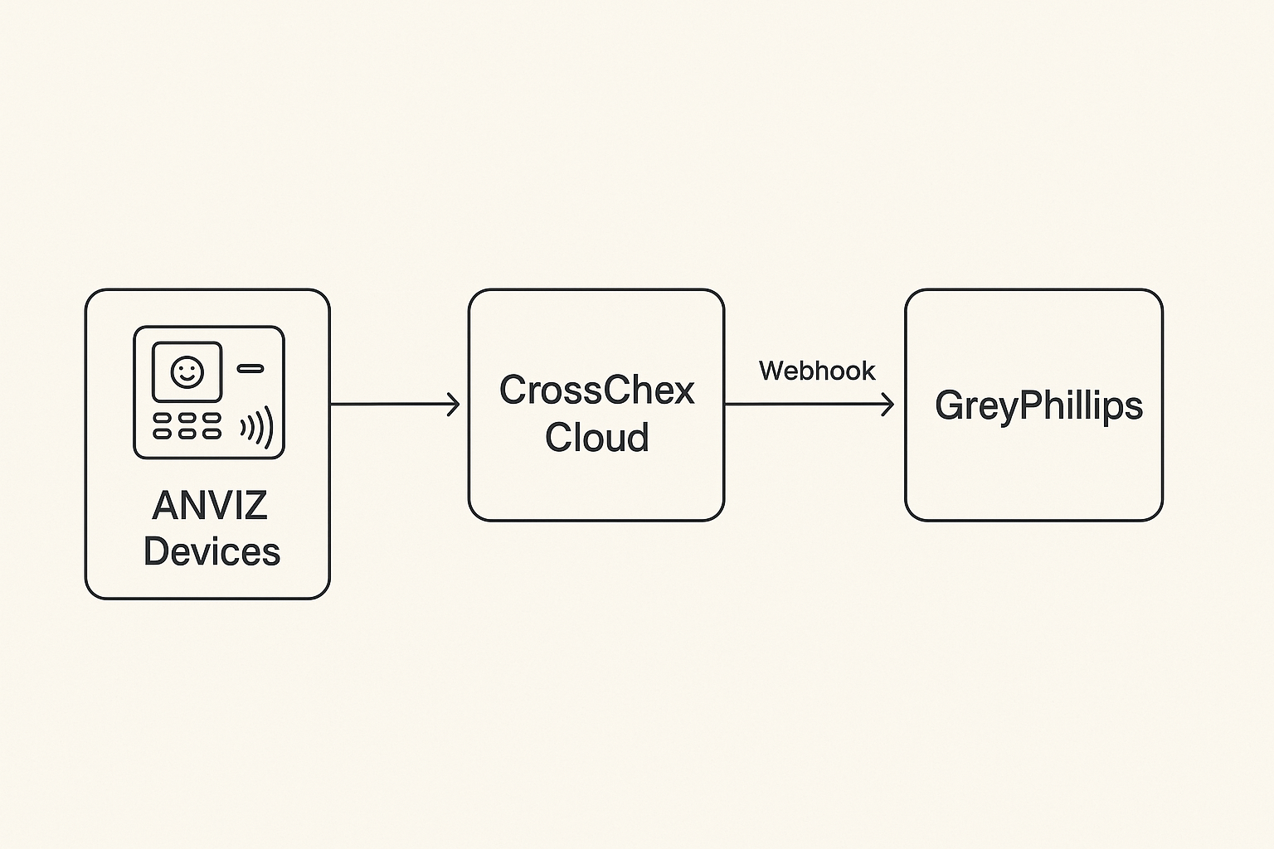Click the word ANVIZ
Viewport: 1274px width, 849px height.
click(x=210, y=506)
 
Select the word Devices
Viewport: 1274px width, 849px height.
click(x=212, y=551)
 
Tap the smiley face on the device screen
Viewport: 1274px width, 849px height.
click(x=187, y=371)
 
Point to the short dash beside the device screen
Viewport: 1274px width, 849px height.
click(x=250, y=368)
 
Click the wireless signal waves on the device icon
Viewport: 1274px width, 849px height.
click(x=258, y=427)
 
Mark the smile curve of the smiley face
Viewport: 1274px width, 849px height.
click(x=187, y=378)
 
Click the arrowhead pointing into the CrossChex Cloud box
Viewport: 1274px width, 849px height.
click(x=454, y=405)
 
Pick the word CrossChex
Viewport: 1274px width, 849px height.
click(x=596, y=391)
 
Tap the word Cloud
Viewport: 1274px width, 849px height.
click(x=596, y=438)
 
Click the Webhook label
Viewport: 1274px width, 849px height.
click(x=816, y=371)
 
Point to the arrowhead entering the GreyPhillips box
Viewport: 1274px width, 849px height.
click(x=888, y=405)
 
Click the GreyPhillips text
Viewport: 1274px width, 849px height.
click(x=1038, y=405)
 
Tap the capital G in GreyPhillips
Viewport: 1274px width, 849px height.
click(x=951, y=405)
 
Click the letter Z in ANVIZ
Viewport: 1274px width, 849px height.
click(x=255, y=506)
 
